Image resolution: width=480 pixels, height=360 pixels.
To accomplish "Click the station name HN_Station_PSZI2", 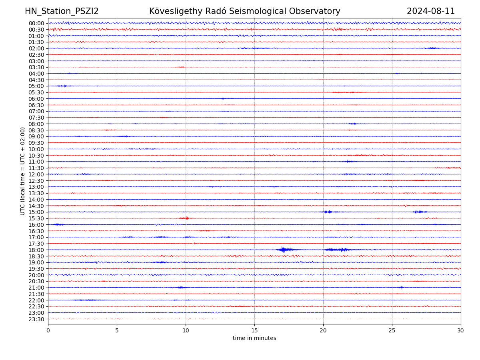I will [62, 11].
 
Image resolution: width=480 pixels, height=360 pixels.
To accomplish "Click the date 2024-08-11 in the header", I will [431, 11].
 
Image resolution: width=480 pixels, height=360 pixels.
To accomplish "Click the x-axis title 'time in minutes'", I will [254, 338].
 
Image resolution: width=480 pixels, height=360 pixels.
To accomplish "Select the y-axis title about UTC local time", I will [23, 171].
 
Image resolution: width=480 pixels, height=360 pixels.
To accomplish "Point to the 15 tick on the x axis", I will [254, 331].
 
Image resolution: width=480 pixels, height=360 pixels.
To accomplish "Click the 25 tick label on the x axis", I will [392, 331].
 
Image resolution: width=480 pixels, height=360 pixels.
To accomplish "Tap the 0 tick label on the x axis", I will [48, 331].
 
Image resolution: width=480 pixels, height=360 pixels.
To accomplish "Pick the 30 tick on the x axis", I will [461, 331].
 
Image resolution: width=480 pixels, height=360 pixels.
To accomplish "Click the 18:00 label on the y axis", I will [36, 250].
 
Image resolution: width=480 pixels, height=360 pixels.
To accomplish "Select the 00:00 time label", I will [36, 23].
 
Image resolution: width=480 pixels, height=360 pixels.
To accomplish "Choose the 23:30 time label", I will [36, 319].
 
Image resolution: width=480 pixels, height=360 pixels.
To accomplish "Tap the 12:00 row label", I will [36, 174].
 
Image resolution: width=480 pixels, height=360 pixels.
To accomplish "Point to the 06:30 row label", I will [36, 105].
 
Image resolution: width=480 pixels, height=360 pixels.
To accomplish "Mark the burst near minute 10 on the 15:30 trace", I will [186, 218].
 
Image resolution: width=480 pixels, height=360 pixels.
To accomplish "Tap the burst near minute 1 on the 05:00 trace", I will [64, 86].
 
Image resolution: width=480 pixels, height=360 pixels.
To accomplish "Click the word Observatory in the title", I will [318, 11].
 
